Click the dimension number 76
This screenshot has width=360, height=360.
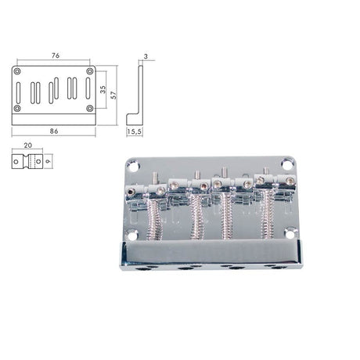click(53, 56)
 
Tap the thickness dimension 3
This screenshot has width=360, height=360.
click(146, 56)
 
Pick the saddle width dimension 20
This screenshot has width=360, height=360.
click(27, 146)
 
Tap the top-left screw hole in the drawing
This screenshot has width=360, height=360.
click(17, 72)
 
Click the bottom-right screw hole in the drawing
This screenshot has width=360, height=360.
click(90, 107)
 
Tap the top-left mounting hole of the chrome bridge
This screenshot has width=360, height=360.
click(131, 164)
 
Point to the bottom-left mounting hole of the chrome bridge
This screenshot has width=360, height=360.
click(131, 233)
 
